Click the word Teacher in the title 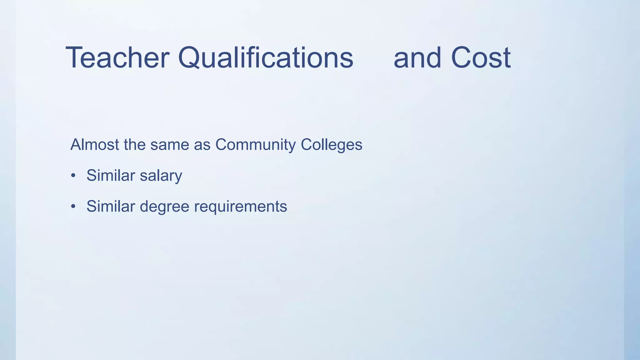click(x=117, y=58)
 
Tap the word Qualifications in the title click(x=266, y=58)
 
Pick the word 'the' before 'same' click(x=135, y=145)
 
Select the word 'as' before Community click(x=202, y=145)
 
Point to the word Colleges click(x=331, y=145)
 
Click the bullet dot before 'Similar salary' click(x=73, y=176)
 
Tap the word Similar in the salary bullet click(x=111, y=175)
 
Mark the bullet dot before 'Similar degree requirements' click(x=73, y=207)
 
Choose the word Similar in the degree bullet click(x=111, y=206)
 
